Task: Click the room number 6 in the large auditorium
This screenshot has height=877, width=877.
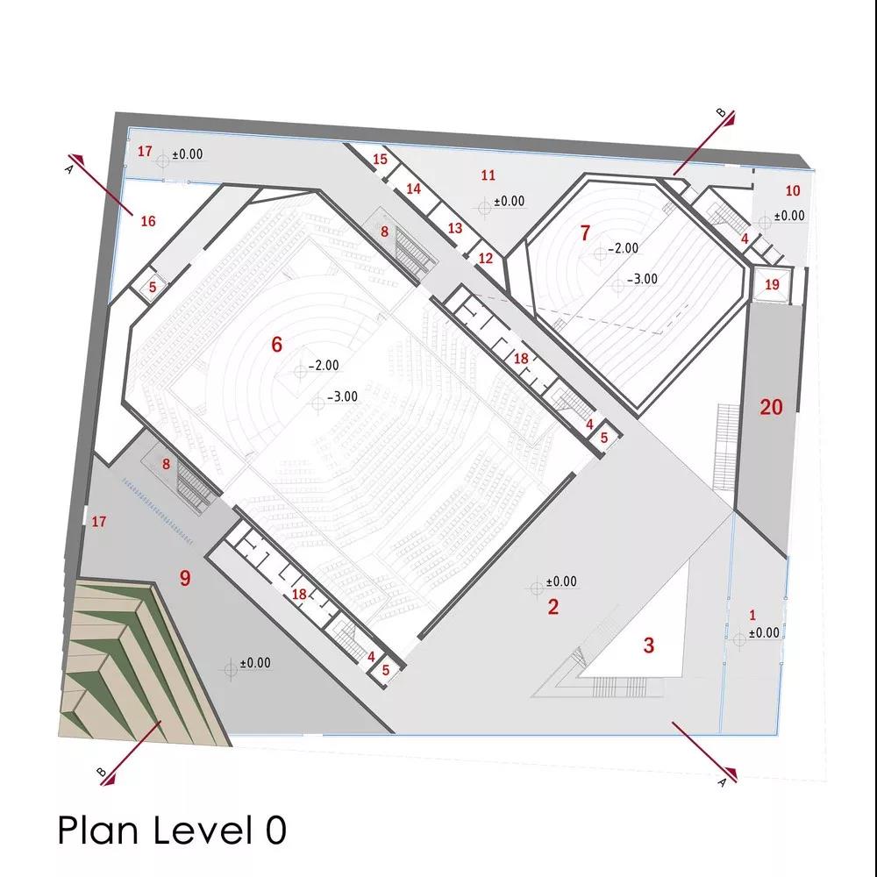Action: pos(276,345)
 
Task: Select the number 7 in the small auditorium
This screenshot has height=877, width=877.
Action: pos(585,232)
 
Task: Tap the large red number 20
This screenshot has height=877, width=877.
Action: pos(771,407)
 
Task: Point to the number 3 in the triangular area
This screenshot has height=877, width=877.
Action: pos(648,645)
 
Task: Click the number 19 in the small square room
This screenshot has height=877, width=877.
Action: pos(772,285)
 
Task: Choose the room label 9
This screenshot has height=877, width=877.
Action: pos(185,578)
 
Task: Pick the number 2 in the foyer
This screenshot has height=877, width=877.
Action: pos(553,607)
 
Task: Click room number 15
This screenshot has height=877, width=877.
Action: pos(380,159)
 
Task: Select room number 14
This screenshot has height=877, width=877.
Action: pos(413,189)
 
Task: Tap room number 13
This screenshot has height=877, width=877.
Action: pos(455,228)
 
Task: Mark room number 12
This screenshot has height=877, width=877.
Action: pos(486,259)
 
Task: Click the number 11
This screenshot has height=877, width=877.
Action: pos(488,175)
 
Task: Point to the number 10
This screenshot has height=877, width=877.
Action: pos(793,190)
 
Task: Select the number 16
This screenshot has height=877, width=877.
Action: pos(147,222)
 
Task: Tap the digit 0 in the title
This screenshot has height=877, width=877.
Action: pos(275,830)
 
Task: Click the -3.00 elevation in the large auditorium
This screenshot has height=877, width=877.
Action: pos(342,396)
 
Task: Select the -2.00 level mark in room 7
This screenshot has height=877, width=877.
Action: pos(623,248)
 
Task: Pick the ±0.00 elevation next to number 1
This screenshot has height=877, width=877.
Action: pos(764,632)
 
